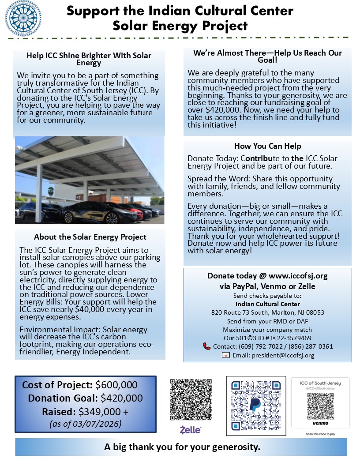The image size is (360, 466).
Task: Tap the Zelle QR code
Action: pos(191,399)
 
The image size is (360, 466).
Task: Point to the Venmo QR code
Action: pos(320,406)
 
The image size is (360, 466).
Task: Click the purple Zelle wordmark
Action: pos(191,429)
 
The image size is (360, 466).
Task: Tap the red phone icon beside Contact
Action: pos(206,346)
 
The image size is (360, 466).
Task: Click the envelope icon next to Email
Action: pos(225,355)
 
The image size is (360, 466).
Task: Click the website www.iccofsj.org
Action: pos(298,276)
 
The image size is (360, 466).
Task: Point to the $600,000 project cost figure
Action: pos(116,385)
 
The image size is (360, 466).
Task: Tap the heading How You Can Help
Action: pos(268,147)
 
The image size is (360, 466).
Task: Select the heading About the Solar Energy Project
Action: pos(90,237)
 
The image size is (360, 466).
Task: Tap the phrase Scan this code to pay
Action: pos(320,434)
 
